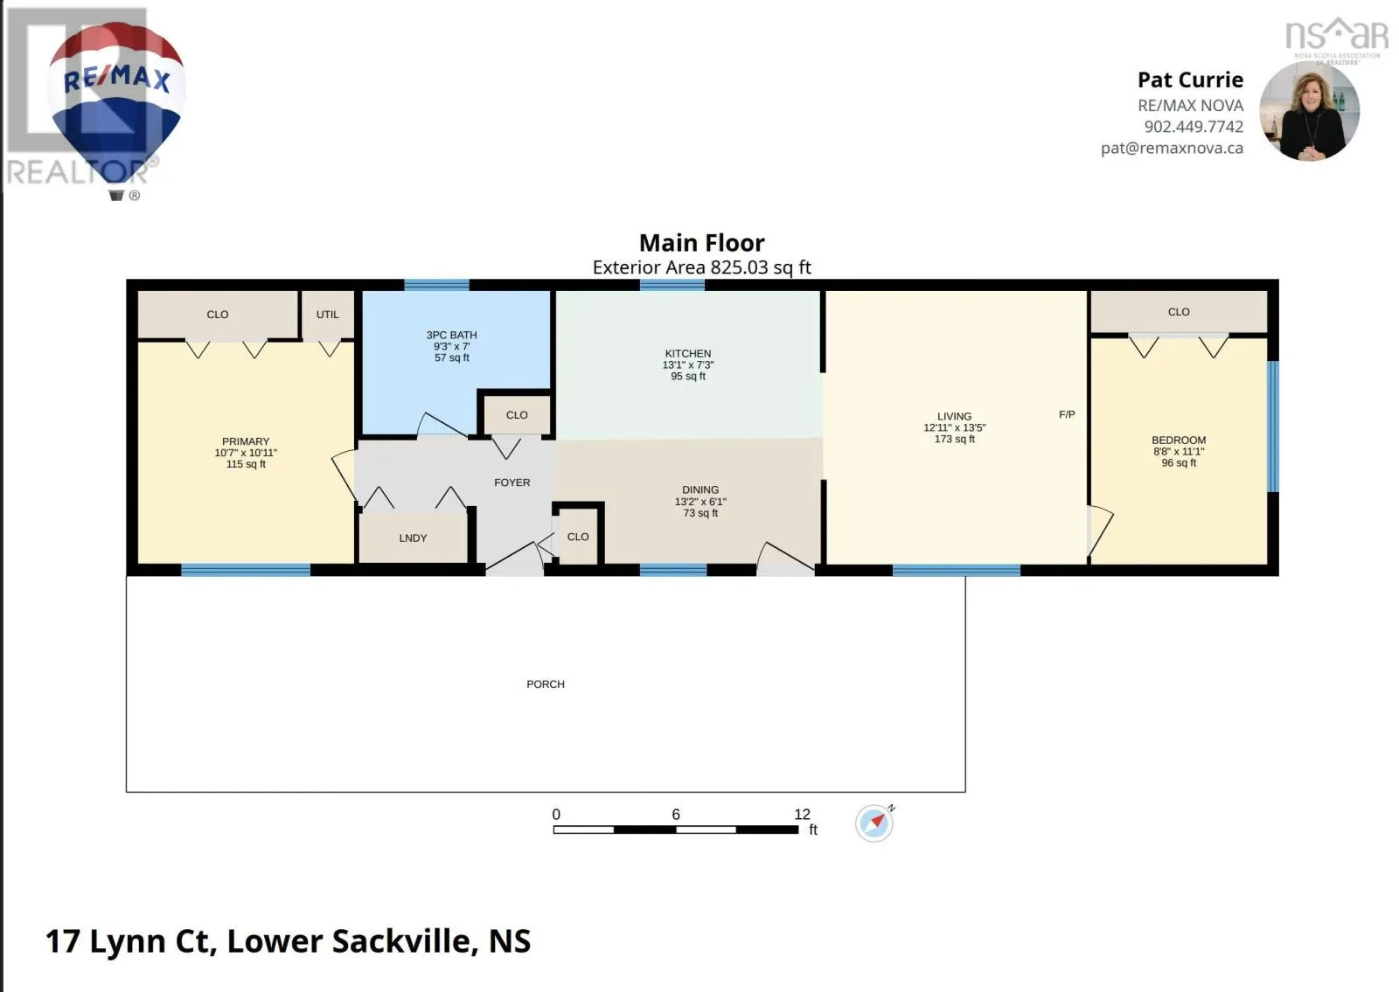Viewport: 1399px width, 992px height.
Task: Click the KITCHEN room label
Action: coord(687,353)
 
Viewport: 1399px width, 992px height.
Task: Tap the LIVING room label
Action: coord(954,416)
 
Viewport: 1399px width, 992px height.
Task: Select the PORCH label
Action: coord(546,684)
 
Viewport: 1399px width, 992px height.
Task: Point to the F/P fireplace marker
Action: coord(1067,414)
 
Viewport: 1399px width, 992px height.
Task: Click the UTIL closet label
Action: coord(327,315)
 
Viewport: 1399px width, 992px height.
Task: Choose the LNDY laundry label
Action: coord(413,538)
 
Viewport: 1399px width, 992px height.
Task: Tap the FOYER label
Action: coord(512,482)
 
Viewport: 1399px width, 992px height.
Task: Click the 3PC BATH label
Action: coord(451,336)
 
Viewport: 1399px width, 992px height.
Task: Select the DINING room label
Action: coord(700,490)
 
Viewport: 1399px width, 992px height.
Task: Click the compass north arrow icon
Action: coord(874,823)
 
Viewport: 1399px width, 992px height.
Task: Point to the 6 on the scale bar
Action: coord(676,815)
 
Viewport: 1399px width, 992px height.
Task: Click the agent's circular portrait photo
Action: coord(1309,111)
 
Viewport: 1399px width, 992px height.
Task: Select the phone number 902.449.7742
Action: coord(1194,127)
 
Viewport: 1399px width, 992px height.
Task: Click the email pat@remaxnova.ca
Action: coord(1172,149)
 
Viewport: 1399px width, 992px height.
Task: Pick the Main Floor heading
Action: coord(701,243)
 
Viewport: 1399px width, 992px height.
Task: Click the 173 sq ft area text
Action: coord(954,439)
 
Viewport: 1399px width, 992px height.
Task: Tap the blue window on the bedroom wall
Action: coord(1273,427)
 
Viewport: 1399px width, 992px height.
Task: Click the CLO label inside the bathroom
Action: coord(517,415)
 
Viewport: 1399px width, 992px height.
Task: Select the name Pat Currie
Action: coord(1190,80)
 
